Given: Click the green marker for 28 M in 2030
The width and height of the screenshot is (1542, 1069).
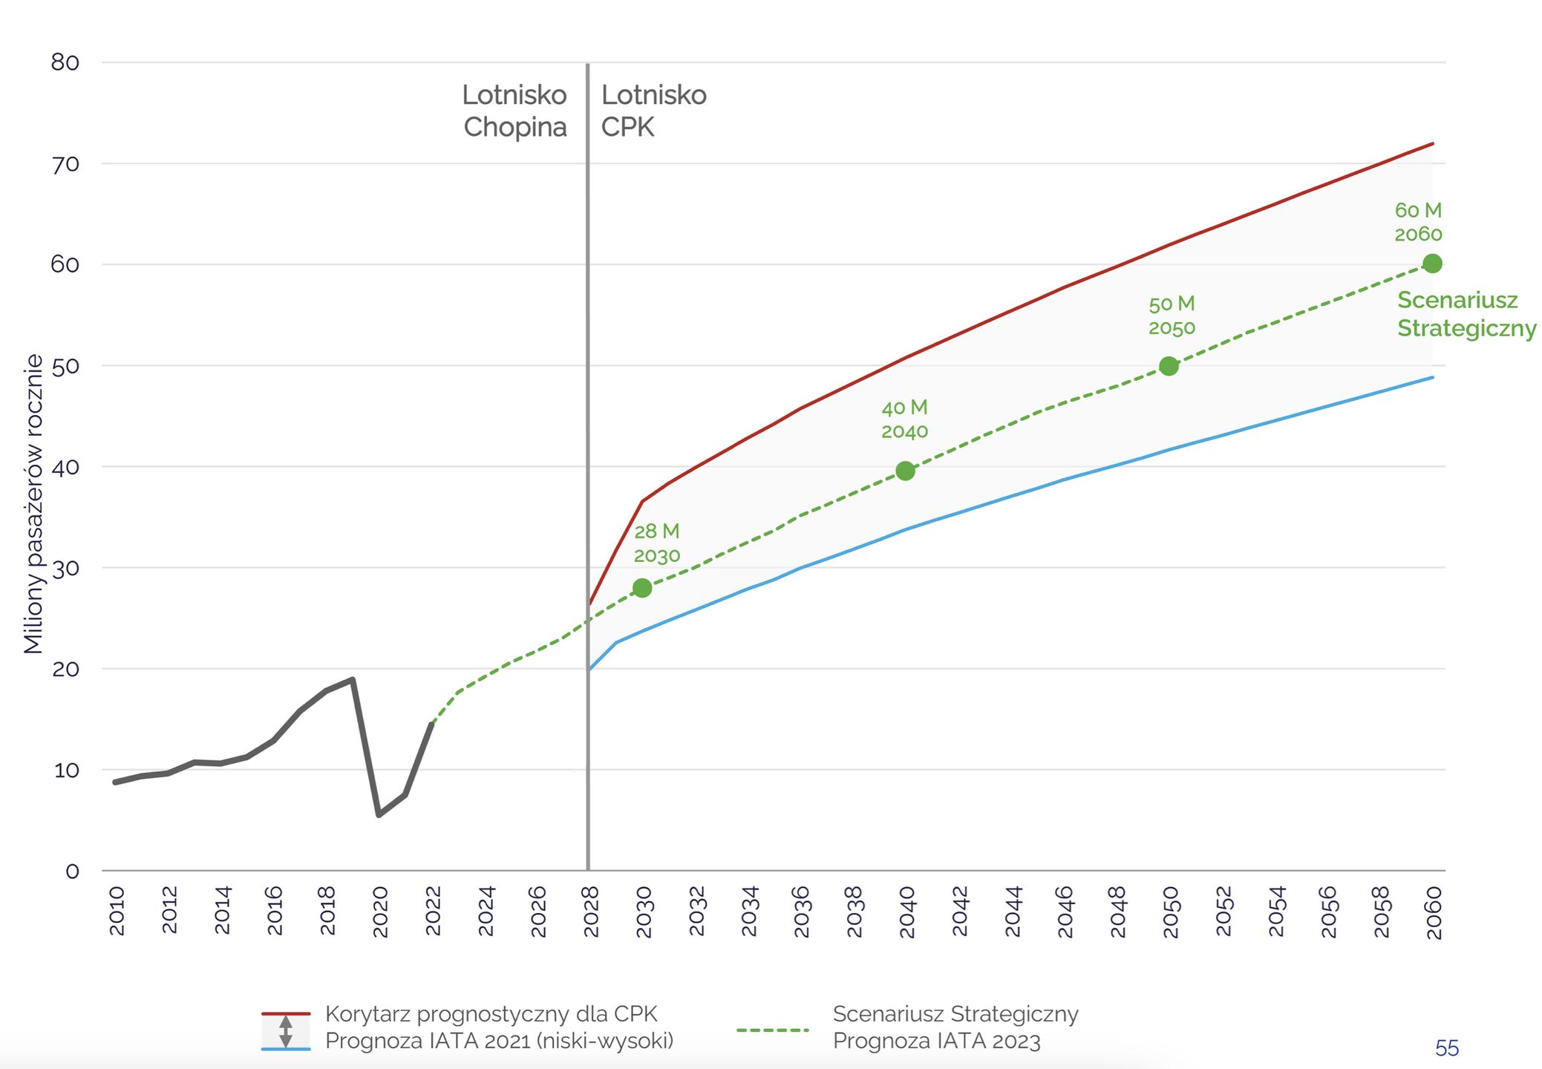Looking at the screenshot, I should (x=642, y=588).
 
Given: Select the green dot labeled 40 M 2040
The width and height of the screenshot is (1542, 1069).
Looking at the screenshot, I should (x=905, y=471).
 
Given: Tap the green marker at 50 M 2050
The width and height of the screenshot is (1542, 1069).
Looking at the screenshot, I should (x=1169, y=366).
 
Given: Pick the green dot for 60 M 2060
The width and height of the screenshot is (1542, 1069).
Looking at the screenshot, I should (x=1432, y=264).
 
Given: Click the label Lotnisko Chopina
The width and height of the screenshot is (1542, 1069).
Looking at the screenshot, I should (x=514, y=111).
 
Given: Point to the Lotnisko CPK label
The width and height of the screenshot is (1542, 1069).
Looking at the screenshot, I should (x=653, y=111).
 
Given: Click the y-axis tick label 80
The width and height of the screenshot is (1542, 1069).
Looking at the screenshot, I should (x=65, y=62).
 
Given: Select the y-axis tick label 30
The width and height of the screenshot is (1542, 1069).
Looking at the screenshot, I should (x=65, y=569).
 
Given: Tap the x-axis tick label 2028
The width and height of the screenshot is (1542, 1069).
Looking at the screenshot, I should (x=591, y=911).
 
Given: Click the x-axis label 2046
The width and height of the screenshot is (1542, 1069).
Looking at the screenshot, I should (x=1065, y=911).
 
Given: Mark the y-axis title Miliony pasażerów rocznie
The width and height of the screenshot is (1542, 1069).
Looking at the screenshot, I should (x=33, y=504).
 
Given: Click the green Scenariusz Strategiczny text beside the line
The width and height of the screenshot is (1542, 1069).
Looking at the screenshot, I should (x=1466, y=314).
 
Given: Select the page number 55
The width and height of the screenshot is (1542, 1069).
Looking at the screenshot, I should (x=1446, y=1048).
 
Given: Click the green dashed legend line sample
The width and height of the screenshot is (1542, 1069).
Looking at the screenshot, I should (x=772, y=1030).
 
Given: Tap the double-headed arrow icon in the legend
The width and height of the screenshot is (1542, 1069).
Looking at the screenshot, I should (x=285, y=1031).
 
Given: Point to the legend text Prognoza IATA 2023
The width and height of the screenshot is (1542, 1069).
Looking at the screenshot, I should (x=936, y=1041).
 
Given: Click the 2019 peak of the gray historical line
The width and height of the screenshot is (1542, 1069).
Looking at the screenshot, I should (x=353, y=679).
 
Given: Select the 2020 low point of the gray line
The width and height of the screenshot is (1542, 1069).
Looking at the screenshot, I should (x=379, y=814).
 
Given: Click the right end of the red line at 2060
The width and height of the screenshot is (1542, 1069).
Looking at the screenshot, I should (x=1431, y=144).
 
